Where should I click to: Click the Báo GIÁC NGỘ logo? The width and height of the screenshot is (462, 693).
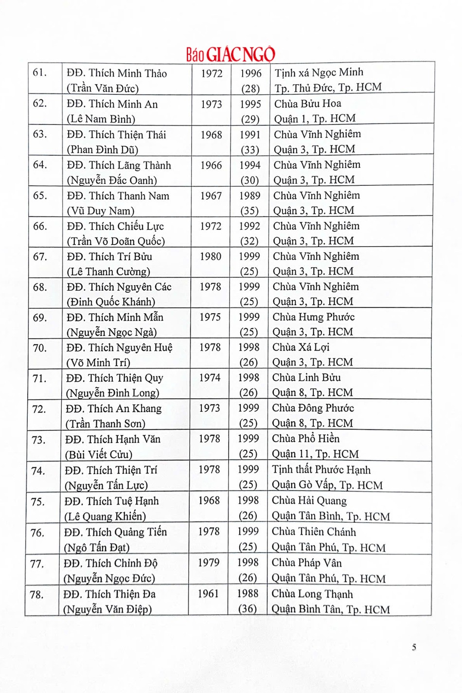(x=231, y=54)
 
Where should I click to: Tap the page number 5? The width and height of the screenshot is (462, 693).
(x=414, y=647)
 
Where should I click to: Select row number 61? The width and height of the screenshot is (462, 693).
(x=39, y=73)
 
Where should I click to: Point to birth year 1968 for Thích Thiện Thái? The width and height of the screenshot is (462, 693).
(x=211, y=135)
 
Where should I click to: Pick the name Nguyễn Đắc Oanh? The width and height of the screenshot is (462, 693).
(x=112, y=180)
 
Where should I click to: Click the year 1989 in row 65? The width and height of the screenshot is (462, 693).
(x=249, y=195)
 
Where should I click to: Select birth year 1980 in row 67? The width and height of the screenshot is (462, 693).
(x=210, y=256)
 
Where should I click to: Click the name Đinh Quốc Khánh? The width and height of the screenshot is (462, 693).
(x=111, y=302)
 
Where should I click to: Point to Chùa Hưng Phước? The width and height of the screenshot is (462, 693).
(x=313, y=317)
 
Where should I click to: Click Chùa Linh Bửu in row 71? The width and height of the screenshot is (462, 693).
(x=306, y=377)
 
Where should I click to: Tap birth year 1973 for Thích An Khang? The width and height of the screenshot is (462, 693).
(x=209, y=408)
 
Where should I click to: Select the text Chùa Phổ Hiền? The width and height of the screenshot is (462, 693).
(x=305, y=439)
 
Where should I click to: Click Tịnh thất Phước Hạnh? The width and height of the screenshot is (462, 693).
(x=321, y=470)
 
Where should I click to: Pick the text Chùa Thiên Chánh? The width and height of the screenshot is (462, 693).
(x=314, y=532)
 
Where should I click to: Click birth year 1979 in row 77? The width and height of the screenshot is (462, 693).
(x=209, y=563)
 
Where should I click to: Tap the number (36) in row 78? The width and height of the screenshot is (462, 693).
(x=247, y=608)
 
